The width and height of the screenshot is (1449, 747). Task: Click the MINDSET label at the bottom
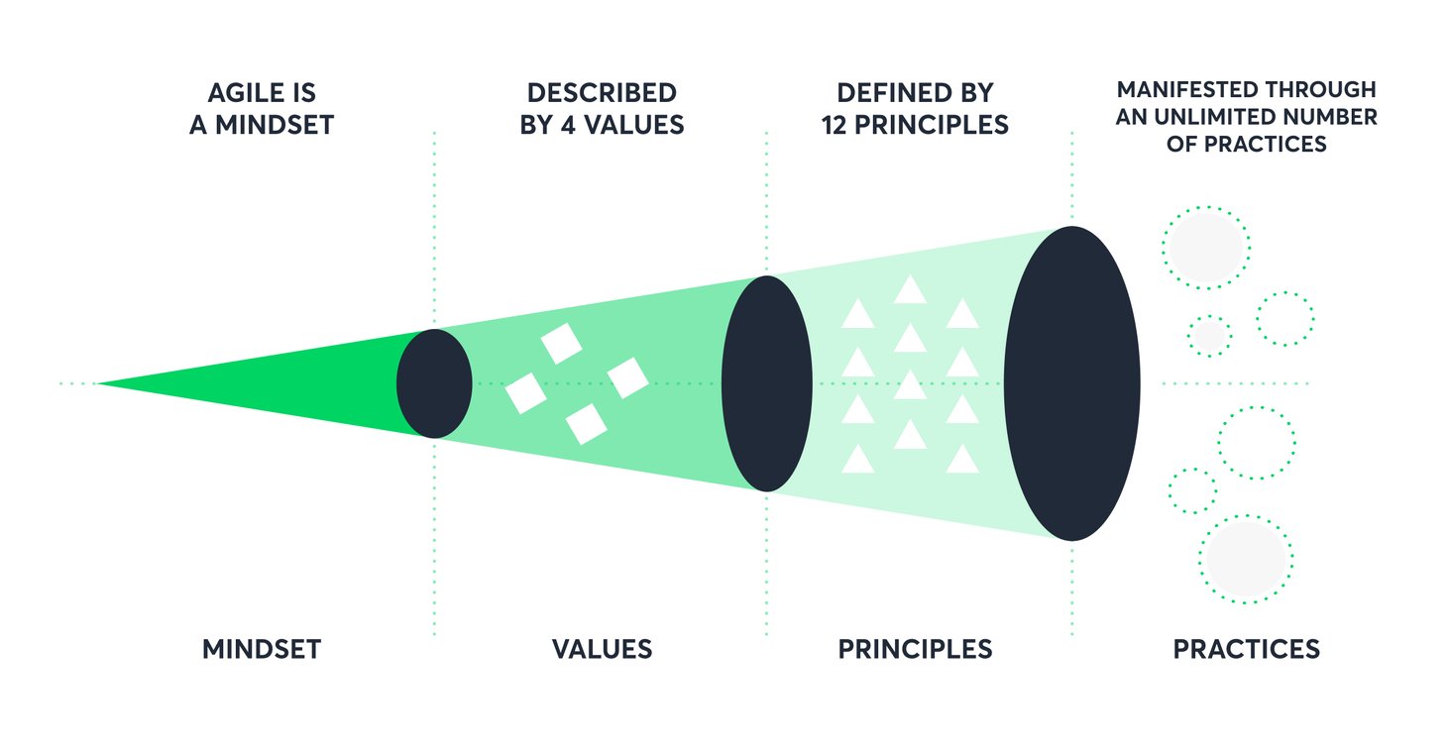[262, 649]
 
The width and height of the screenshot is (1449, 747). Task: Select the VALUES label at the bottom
[602, 649]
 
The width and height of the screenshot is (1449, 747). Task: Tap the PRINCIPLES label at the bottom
[914, 649]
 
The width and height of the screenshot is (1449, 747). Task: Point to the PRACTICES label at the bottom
[1246, 649]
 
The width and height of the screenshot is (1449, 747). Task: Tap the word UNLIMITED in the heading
[1217, 117]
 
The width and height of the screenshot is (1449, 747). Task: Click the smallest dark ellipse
[434, 383]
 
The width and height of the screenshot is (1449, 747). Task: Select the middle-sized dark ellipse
[766, 383]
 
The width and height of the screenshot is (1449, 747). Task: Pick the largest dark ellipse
[1071, 383]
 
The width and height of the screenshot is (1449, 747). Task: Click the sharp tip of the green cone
[99, 383]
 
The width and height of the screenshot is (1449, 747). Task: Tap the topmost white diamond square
[562, 344]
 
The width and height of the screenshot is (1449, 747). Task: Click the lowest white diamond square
[586, 423]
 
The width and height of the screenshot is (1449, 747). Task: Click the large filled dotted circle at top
[1206, 248]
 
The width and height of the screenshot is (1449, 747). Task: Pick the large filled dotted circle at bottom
[1246, 558]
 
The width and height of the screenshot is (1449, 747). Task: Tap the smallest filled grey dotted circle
[1209, 336]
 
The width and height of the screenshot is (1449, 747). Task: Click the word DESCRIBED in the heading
[602, 93]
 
